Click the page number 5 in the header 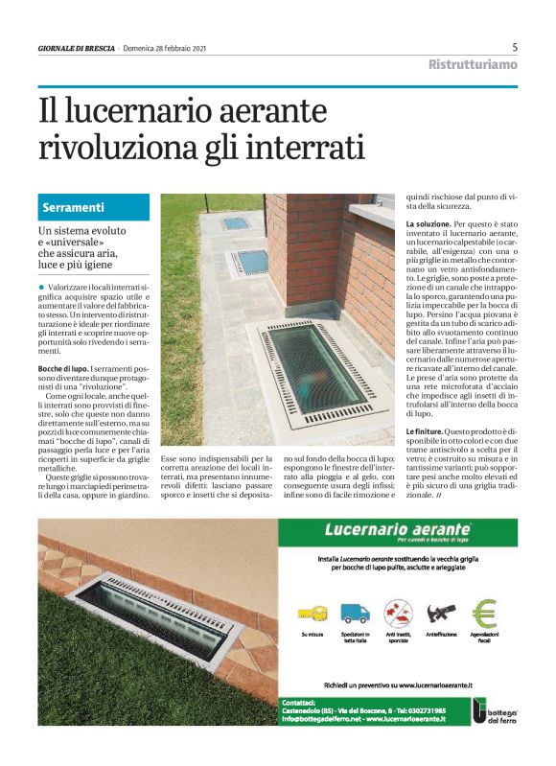click(516, 47)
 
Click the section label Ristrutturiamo click(472, 64)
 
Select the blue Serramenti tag click(75, 207)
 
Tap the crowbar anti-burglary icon click(441, 612)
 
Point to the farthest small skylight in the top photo click(235, 222)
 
